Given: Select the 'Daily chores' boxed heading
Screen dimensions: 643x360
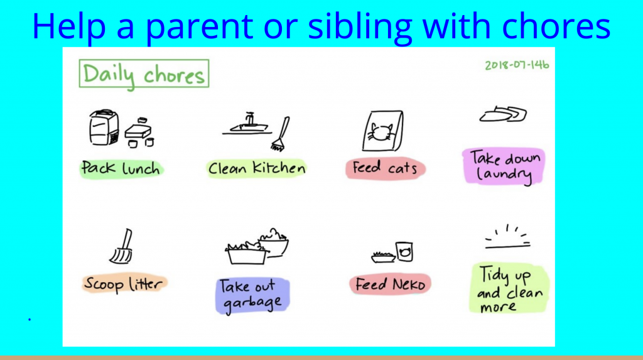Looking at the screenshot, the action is click(144, 74).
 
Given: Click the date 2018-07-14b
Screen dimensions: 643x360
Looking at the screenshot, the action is click(517, 65).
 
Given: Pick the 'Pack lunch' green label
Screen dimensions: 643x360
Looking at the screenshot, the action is click(121, 168).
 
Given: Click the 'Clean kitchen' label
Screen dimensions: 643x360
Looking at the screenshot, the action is click(257, 168).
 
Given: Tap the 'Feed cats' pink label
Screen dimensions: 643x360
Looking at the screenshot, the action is click(385, 168).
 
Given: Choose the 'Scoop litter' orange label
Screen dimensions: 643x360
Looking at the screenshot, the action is click(124, 283).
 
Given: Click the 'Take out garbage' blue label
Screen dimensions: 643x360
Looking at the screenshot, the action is click(252, 295).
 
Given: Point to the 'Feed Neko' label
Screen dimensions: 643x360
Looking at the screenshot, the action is click(390, 284).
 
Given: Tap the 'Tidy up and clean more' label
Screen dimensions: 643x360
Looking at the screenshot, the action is click(509, 288).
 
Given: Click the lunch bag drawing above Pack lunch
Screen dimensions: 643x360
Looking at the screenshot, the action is click(104, 128).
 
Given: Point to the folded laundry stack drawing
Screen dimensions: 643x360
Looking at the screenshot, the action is click(503, 114).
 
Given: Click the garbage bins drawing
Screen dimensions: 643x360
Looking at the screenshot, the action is click(257, 246).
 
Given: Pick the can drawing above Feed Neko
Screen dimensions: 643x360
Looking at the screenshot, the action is click(404, 251).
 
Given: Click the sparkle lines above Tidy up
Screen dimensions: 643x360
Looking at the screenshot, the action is click(507, 237).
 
